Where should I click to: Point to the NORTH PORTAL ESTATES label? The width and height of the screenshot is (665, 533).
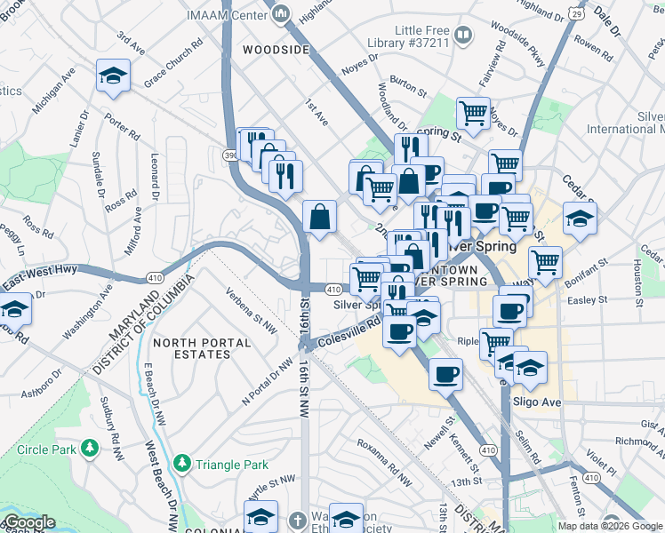pos(191,348)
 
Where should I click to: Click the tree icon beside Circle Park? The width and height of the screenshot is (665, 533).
pos(89,450)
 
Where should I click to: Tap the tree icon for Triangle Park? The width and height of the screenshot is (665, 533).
pos(181,464)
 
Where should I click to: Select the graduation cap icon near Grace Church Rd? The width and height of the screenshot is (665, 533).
pos(114,77)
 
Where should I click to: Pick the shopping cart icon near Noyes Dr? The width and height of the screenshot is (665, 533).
pos(473,113)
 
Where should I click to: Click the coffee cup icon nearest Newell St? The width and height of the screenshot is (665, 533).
pos(445,373)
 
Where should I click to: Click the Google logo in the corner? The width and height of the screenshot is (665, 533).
pos(28,523)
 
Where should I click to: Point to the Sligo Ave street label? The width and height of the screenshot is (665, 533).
pos(538,402)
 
